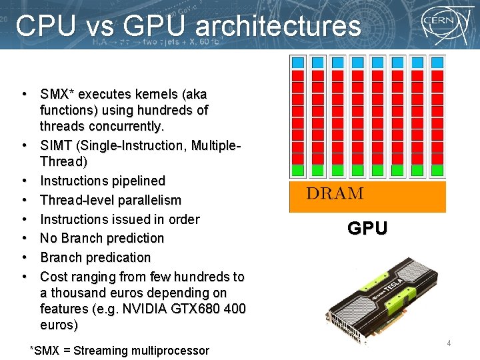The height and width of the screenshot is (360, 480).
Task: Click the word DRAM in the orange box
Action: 335,194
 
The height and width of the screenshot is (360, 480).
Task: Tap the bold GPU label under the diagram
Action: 367,229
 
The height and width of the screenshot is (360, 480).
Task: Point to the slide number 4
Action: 449,343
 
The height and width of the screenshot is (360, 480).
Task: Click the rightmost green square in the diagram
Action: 437,170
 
